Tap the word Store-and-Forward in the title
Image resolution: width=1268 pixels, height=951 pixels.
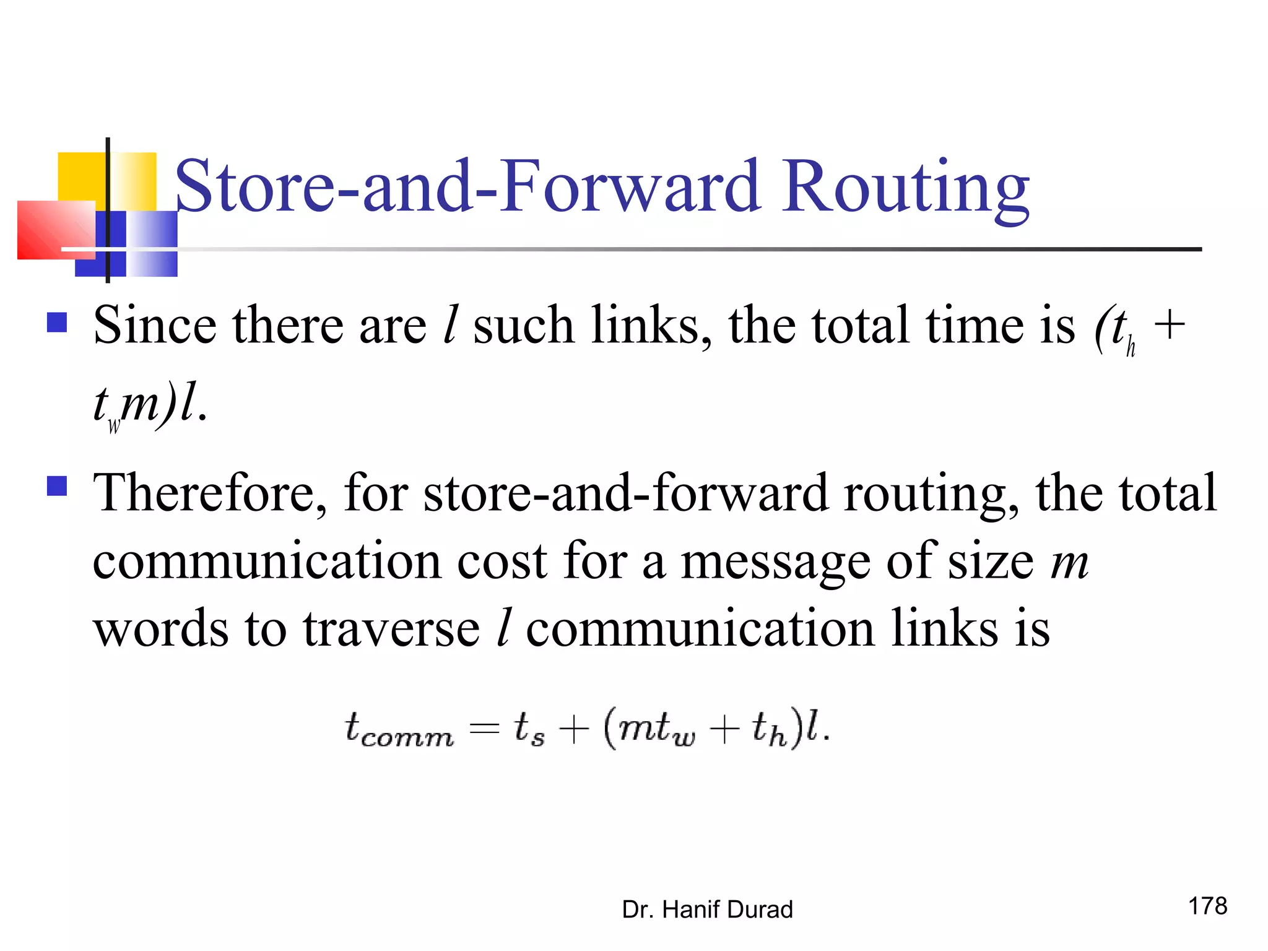pyautogui.click(x=467, y=186)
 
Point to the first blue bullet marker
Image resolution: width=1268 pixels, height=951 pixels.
pyautogui.click(x=57, y=323)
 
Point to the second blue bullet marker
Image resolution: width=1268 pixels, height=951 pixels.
pyautogui.click(x=57, y=486)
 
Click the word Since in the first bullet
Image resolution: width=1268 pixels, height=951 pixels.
pyautogui.click(x=155, y=325)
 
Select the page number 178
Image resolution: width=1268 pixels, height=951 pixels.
pyautogui.click(x=1207, y=906)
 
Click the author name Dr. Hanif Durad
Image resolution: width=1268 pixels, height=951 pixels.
pyautogui.click(x=707, y=910)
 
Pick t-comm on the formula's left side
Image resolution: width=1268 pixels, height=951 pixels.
pyautogui.click(x=399, y=729)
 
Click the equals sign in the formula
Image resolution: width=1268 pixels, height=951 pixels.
pyautogui.click(x=484, y=729)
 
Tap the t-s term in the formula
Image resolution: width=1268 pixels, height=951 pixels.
pyautogui.click(x=529, y=729)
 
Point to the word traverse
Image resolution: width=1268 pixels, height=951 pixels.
pyautogui.click(x=391, y=629)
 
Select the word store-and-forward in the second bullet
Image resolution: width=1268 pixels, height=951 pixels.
pyautogui.click(x=625, y=493)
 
